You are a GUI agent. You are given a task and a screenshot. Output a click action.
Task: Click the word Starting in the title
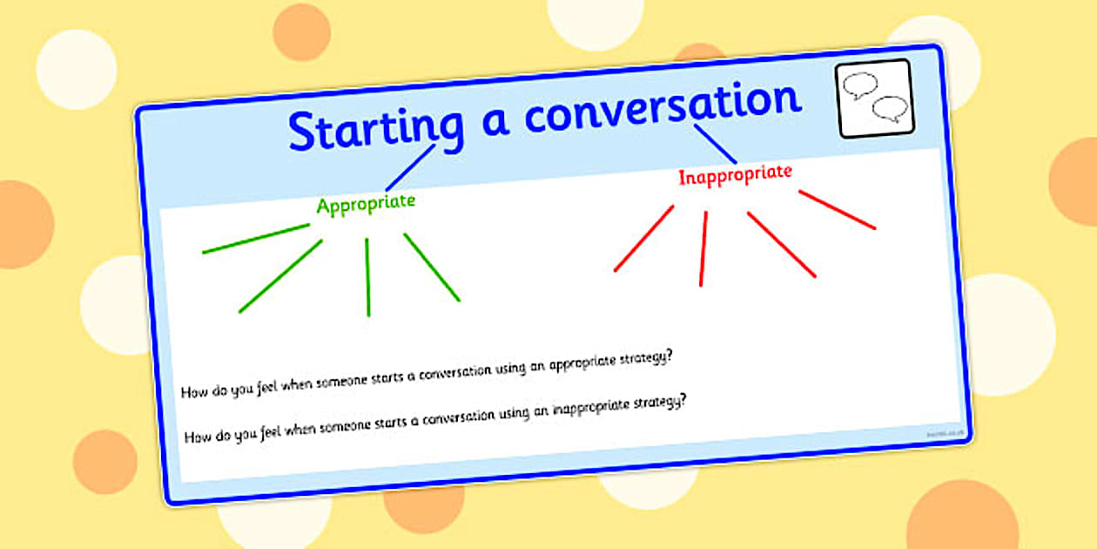tap(375, 127)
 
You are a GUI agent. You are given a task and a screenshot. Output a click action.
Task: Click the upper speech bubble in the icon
tap(861, 85)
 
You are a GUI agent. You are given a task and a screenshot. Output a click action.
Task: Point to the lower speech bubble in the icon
tap(889, 109)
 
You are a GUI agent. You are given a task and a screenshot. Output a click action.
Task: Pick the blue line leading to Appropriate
tap(410, 167)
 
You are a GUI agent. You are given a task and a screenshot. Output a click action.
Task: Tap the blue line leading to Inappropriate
tap(716, 144)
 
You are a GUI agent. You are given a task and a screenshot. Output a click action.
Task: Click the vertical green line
tap(367, 276)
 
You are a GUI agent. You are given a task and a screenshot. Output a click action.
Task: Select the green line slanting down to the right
tap(432, 268)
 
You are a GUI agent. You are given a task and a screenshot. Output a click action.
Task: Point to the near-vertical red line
tap(703, 248)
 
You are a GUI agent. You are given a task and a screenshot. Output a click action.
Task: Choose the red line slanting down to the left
tap(643, 238)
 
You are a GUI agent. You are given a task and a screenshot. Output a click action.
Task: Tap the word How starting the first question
tap(193, 391)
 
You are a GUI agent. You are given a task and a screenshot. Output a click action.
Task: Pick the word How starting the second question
tap(197, 437)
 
